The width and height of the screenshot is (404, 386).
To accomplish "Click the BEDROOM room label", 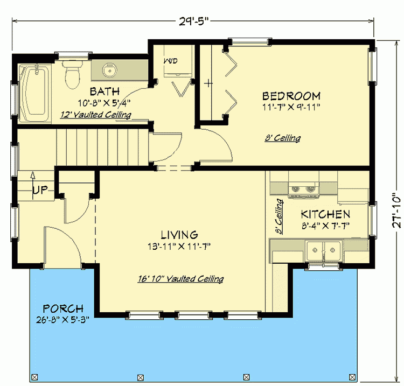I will [291, 96].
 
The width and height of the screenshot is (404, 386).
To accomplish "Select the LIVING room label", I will [179, 235].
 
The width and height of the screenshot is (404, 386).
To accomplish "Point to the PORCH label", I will [64, 309].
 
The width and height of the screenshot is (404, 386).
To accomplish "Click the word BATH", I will [105, 91].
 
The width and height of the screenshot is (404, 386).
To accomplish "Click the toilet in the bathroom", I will [71, 75].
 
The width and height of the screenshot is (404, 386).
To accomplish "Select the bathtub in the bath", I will [33, 90].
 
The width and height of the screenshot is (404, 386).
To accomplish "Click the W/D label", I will [171, 61].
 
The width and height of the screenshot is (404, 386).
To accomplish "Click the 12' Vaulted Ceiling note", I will [95, 114].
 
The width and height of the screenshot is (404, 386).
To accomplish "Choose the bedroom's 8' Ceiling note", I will [282, 138].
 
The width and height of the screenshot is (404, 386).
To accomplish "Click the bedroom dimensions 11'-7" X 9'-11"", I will [291, 107].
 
